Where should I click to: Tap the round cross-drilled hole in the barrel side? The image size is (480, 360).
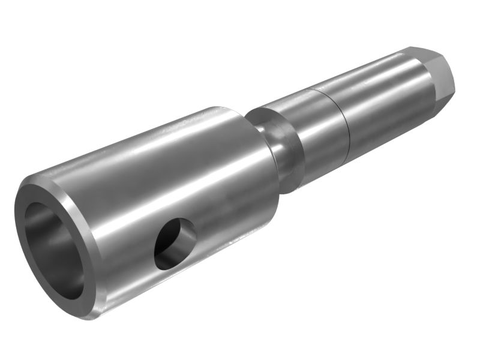175,244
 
